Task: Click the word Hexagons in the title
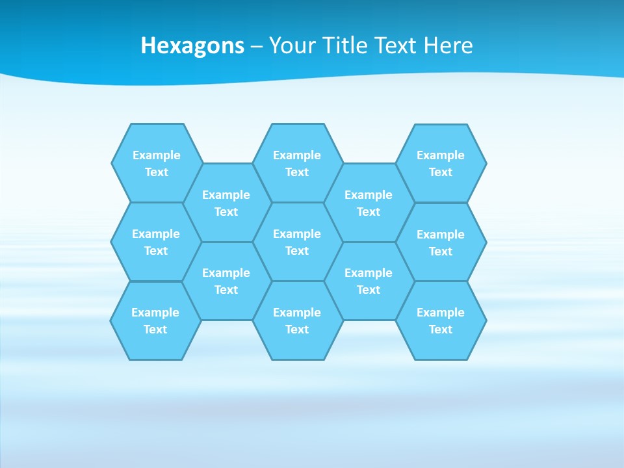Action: [x=192, y=45]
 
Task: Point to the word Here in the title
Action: [x=448, y=45]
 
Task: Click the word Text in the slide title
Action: [x=397, y=45]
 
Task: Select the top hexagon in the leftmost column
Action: [x=157, y=163]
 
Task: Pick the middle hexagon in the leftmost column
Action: [x=156, y=242]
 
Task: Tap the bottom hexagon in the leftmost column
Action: [x=155, y=320]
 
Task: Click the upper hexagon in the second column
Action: [x=226, y=203]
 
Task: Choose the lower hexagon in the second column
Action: [x=226, y=281]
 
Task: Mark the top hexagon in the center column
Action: [x=297, y=163]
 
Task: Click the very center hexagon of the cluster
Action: [x=297, y=242]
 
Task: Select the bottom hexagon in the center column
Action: [x=297, y=320]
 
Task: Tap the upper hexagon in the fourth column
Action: [x=369, y=203]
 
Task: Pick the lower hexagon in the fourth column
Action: [x=369, y=281]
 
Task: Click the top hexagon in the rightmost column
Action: [x=441, y=163]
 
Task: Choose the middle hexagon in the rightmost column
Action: [x=441, y=242]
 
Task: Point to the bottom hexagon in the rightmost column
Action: [x=441, y=320]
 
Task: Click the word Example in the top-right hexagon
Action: [x=441, y=155]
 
